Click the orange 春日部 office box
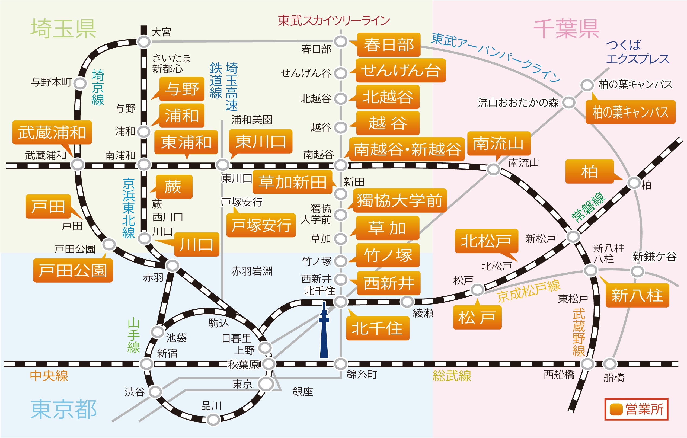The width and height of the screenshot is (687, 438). tap(389, 45)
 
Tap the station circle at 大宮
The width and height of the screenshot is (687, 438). tap(144, 42)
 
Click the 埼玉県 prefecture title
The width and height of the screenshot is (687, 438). tap(63, 28)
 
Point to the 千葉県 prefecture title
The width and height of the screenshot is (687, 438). tap(566, 28)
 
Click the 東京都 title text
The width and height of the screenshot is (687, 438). tap(63, 410)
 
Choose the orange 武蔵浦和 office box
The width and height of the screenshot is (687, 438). tap(52, 132)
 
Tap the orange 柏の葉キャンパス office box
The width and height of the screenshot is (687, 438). tap(631, 112)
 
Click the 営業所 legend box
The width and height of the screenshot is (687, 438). tap(636, 409)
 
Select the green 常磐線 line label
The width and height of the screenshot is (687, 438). tap(588, 207)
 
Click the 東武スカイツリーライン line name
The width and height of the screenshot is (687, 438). tap(334, 21)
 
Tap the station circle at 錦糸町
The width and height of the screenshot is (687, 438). tap(341, 364)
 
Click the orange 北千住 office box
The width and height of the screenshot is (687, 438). tap(378, 328)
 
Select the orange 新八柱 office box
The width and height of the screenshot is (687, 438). tap(637, 295)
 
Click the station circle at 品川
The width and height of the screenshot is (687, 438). tap(213, 420)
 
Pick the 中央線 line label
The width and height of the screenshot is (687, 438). tap(49, 376)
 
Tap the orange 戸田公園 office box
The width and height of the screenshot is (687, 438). tap(73, 270)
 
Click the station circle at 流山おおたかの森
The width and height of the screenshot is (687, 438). tap(568, 103)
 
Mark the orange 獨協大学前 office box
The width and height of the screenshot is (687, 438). tap(400, 200)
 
